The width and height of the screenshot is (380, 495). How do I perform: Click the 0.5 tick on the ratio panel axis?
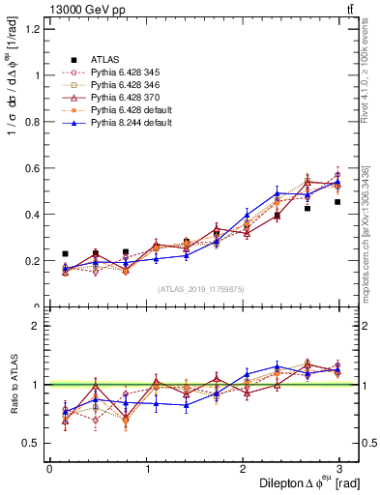point(32,443)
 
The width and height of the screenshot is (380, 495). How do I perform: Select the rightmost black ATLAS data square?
point(337,202)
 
